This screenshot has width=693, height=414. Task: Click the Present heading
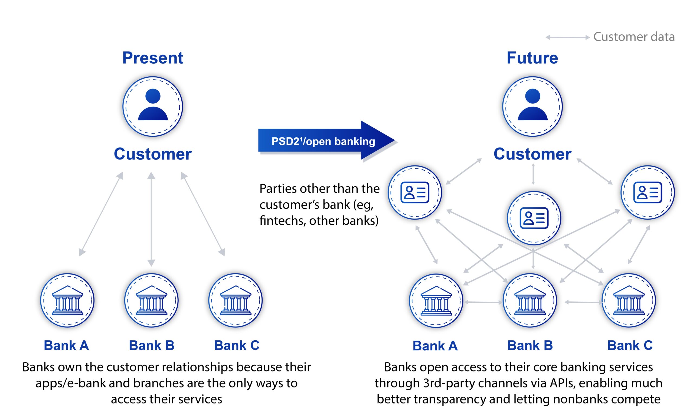pos(153,58)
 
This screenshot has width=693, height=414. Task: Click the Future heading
pos(532,58)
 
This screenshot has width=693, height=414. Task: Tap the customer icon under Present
pos(153,107)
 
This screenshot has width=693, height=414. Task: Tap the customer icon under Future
pos(532,107)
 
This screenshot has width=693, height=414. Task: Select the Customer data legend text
pos(634,37)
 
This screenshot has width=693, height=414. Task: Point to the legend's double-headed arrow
pos(567,37)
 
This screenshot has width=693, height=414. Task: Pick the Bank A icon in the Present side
pos(67,300)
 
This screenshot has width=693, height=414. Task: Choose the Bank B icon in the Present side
pos(151,300)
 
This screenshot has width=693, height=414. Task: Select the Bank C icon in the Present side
pos(236,300)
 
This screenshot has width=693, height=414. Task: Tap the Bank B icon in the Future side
pos(530,300)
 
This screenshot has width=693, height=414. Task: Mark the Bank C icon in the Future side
pos(629,300)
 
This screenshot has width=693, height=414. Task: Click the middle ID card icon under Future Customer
pos(534,218)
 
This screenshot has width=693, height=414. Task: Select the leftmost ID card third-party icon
pos(415,193)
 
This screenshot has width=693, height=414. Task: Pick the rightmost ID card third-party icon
pos(648,193)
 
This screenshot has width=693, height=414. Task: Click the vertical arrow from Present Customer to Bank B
pos(151,219)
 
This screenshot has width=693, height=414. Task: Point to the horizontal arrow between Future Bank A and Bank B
pos(483,302)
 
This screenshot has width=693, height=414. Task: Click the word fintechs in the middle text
pos(282,221)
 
